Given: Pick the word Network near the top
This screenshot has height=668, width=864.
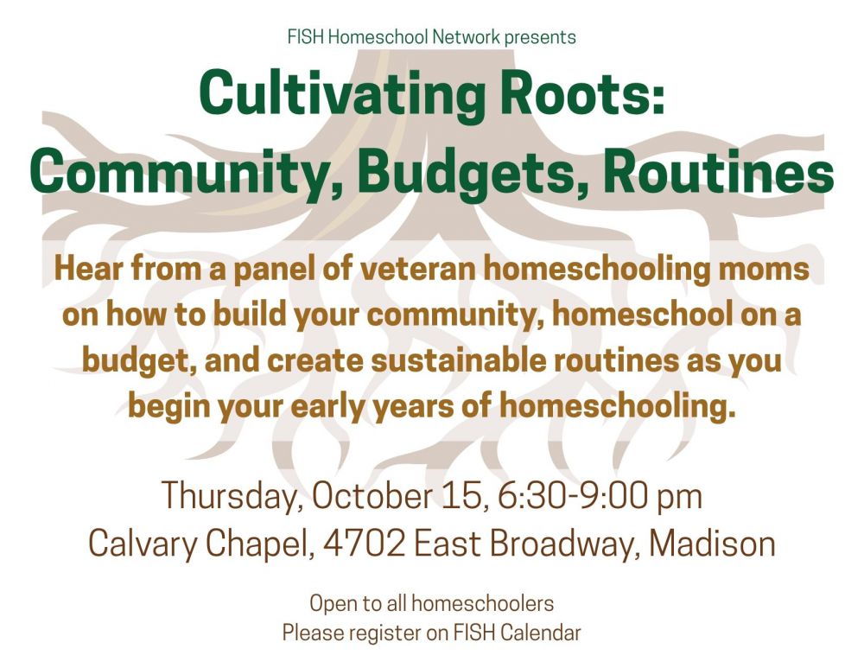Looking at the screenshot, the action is [467, 37].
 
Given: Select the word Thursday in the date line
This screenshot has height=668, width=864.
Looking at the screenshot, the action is [232, 495].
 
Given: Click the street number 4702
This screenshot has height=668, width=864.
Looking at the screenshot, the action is [364, 544].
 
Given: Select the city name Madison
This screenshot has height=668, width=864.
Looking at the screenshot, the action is [713, 543].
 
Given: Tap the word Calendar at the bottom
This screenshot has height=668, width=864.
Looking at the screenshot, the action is [541, 633].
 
